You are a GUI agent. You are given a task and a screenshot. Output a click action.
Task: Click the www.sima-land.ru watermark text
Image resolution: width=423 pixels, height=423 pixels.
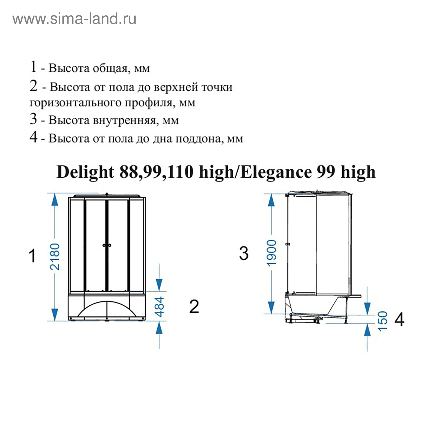[74, 19]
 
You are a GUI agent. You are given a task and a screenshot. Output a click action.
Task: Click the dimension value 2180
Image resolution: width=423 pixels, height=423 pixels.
[55, 257]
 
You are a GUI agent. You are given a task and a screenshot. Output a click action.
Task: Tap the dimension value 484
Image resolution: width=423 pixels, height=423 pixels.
[159, 307]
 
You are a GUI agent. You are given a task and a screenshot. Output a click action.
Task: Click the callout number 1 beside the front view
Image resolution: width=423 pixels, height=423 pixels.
[32, 256]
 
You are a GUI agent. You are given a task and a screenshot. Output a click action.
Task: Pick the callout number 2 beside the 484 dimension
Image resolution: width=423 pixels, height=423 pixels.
[194, 307]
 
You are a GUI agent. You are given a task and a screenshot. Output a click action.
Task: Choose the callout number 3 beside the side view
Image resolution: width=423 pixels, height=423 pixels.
[244, 253]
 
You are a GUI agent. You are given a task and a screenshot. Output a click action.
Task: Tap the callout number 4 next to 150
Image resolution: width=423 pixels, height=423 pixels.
[399, 319]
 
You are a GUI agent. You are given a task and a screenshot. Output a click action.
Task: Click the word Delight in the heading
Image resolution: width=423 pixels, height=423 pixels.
[85, 172]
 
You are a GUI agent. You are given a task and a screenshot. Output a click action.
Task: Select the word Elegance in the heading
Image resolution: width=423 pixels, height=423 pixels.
[276, 172]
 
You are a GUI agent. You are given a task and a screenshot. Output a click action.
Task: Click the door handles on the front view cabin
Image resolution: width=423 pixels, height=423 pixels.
[107, 245]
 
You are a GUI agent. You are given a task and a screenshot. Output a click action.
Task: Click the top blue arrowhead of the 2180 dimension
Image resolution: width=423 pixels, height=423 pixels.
[55, 199]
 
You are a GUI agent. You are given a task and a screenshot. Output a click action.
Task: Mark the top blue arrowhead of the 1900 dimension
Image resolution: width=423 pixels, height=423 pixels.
[271, 200]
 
